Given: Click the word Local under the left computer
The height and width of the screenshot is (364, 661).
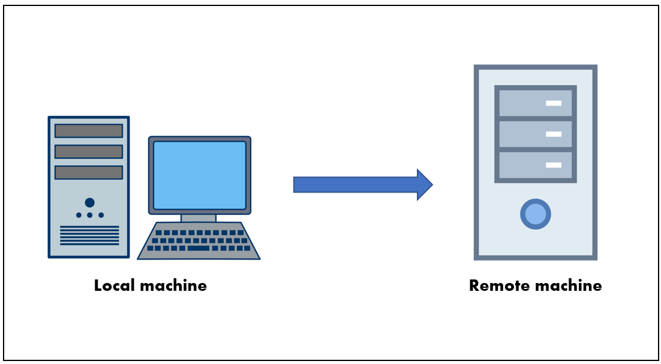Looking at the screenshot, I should point(113,285).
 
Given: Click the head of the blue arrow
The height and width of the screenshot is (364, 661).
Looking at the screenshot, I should point(424,185).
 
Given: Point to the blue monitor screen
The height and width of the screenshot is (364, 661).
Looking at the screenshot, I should point(200,175).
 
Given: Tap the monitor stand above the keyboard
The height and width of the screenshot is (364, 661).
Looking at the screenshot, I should point(199,218).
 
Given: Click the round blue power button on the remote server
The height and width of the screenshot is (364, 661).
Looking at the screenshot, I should point(536,214).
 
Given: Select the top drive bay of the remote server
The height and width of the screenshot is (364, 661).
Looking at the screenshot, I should point(535,103).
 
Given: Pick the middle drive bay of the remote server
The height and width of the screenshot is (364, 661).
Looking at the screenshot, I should point(535,134).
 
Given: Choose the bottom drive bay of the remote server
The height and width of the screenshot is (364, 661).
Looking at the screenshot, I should point(535,165).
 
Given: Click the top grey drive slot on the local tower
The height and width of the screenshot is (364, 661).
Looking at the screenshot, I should point(89,131).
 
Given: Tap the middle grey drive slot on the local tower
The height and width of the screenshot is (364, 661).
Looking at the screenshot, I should point(89,152).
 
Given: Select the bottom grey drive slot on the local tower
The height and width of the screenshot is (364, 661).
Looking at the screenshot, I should point(89,172).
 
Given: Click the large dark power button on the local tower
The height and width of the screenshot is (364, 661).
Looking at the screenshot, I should point(89,203).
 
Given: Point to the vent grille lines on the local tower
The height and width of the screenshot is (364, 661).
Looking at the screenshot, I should point(89,235).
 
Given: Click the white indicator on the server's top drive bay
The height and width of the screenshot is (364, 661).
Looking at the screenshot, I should point(554,103).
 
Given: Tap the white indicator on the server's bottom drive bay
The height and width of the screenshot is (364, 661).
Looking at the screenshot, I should point(554,165).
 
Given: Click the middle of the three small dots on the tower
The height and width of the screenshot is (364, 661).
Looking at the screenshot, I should point(89,215).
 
